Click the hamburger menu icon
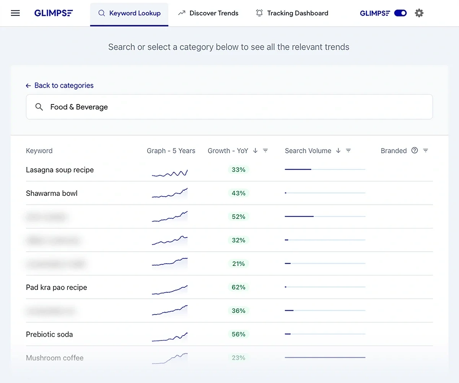coord(15,13)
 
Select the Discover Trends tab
coord(208,13)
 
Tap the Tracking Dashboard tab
coord(292,13)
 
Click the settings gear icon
coord(419,13)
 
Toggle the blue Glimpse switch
coord(400,13)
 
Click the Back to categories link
coord(60,85)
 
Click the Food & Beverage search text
coord(79,107)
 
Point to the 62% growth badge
coord(238,287)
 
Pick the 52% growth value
coord(238,217)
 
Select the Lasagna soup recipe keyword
coord(60,170)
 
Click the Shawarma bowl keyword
coord(52,193)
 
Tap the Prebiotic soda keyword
coord(49,334)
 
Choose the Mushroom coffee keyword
coord(55,358)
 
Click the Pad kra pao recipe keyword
coord(57,287)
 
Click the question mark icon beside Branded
coord(415,150)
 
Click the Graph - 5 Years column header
coord(171,151)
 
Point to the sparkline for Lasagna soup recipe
coord(170,173)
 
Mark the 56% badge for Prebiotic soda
coord(238,334)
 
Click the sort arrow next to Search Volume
coord(338,150)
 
